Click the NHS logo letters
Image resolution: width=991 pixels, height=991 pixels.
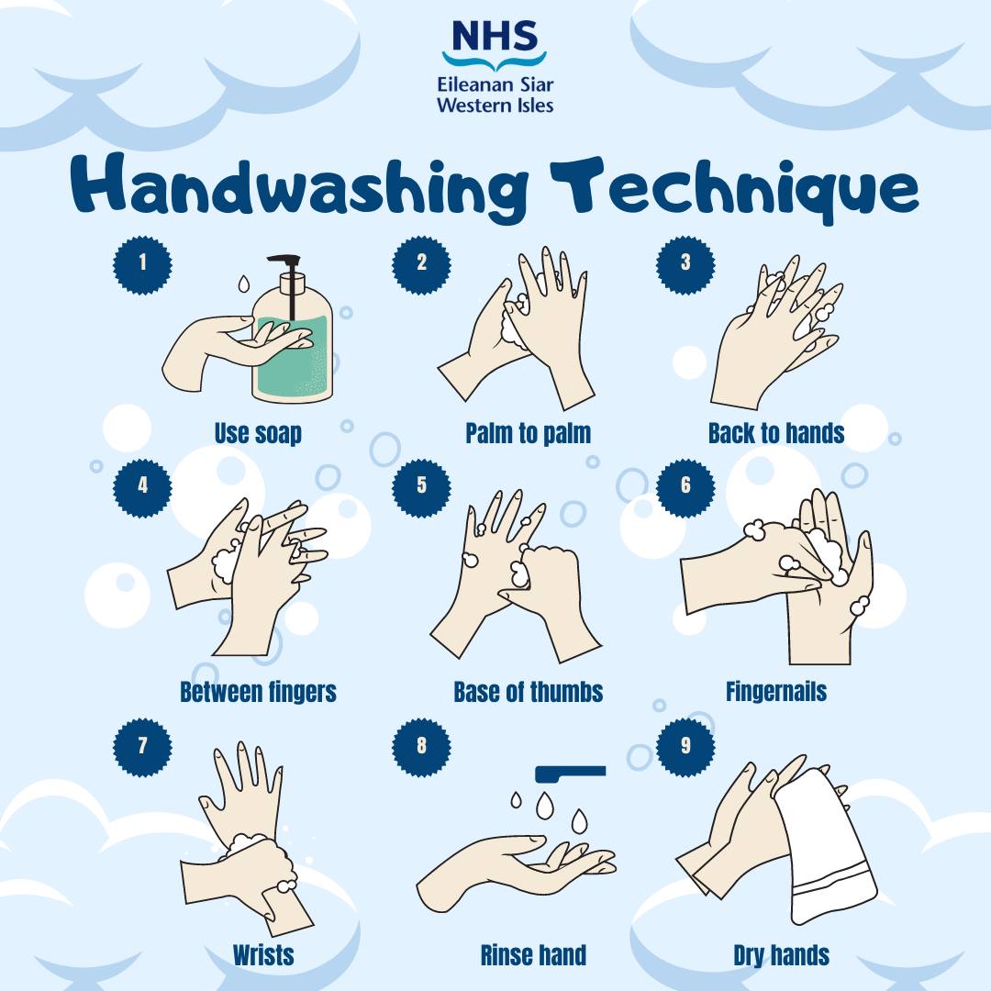point(495,36)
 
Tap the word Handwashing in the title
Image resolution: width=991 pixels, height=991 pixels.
point(298,188)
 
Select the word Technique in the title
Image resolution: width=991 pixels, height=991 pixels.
point(734,189)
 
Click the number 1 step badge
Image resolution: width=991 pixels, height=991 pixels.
point(142,264)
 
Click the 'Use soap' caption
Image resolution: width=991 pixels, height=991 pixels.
point(258,433)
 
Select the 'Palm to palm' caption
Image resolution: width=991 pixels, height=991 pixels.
point(528,433)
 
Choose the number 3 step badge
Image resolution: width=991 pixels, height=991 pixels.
point(685,264)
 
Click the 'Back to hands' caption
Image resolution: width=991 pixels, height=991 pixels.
point(776,433)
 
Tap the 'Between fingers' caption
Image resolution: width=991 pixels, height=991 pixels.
point(258,692)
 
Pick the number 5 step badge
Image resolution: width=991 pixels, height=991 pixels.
point(421,487)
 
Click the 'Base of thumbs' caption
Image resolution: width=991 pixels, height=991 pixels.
point(528,692)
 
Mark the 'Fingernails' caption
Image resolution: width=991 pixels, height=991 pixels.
point(776,692)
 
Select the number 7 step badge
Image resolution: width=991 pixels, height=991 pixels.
point(142,747)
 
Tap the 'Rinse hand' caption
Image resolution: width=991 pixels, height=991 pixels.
point(533,954)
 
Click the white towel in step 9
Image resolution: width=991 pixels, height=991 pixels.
point(825,847)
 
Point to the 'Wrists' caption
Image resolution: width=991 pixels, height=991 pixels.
point(263,954)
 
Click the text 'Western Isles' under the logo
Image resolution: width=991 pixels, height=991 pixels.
point(495,105)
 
